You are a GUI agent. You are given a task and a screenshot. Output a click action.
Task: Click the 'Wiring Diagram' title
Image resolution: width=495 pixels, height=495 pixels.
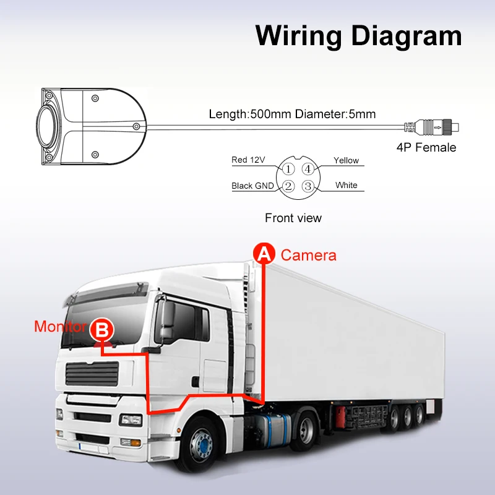coord(358,35)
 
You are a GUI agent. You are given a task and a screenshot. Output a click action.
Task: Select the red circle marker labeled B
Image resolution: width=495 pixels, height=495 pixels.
coord(101,329)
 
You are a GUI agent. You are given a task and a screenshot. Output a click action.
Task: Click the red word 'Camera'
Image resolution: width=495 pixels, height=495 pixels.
coord(308,255)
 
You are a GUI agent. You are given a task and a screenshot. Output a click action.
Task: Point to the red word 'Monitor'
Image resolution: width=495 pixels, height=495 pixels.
coord(60,327)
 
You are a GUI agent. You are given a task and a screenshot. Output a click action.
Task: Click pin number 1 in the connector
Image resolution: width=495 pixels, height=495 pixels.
coord(288,168)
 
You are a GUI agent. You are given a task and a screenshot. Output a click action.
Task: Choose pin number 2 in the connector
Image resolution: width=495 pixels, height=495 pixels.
coord(288,185)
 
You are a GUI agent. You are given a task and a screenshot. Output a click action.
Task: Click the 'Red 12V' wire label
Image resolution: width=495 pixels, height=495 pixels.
coord(248,160)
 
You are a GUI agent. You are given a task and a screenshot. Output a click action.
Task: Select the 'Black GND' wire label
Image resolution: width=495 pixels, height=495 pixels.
coord(252,186)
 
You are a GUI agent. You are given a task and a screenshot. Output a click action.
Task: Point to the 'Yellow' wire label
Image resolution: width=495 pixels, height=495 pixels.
coord(346,160)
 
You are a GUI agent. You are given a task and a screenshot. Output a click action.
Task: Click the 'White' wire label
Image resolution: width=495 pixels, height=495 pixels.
coord(346,185)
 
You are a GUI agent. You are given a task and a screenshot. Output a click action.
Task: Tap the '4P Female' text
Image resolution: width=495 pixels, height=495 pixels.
coord(426,147)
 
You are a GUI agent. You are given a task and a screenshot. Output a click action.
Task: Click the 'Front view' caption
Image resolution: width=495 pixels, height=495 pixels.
coord(293,218)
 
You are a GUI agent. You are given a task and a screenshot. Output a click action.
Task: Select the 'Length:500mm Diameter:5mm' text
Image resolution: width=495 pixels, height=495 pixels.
coord(292,114)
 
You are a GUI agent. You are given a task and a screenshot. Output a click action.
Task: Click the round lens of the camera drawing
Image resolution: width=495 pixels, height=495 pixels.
coord(46,127)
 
